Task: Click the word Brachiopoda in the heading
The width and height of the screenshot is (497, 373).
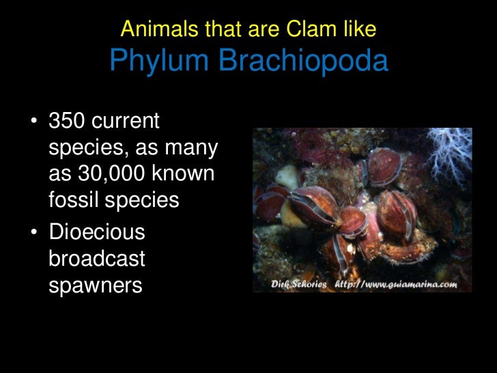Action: click(303, 62)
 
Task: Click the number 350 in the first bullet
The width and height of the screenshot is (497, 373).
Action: click(67, 122)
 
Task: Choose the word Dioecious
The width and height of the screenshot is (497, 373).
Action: click(97, 232)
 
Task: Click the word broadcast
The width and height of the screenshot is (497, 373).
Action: click(96, 258)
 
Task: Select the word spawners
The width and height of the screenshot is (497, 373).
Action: click(95, 284)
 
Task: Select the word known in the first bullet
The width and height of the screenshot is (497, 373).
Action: click(182, 174)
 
